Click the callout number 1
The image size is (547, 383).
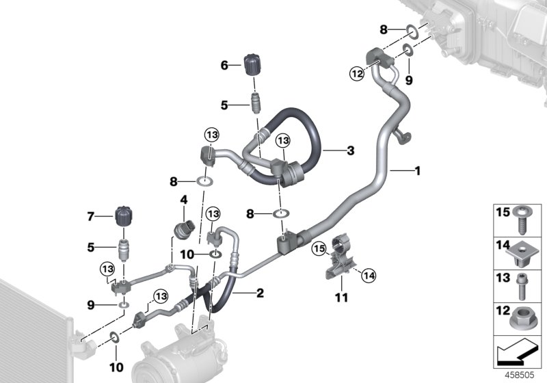pos(416,171)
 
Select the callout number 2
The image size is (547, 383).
pos(259,294)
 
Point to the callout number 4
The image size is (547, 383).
pos(183,200)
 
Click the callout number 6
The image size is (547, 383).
pos(224,66)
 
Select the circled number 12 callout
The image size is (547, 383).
pos(356,74)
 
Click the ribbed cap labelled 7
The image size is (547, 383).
pos(124,217)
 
